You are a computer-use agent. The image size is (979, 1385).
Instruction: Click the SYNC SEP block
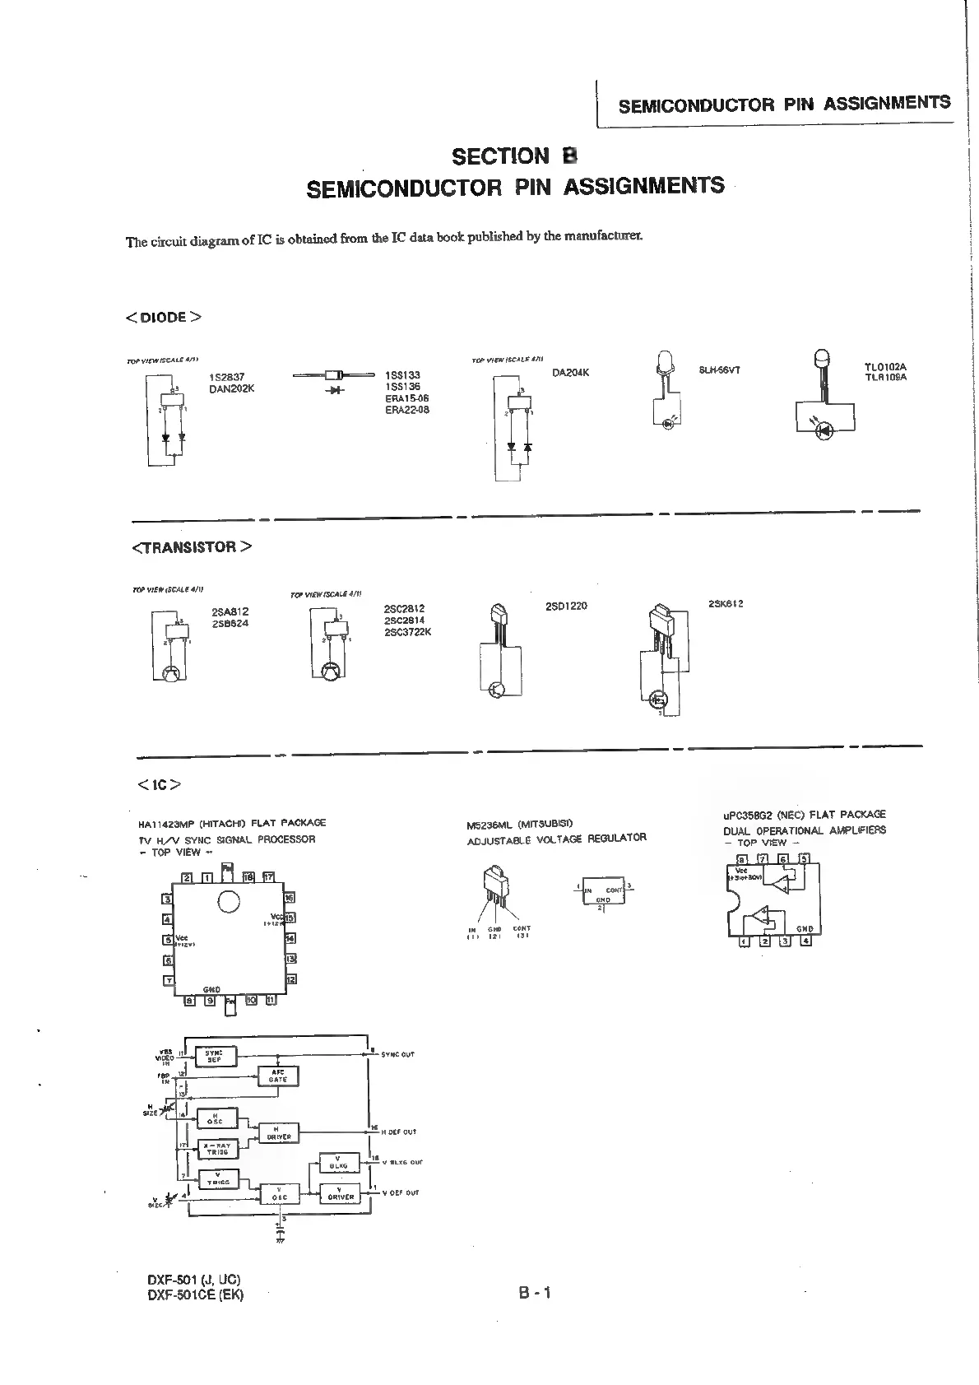(215, 1056)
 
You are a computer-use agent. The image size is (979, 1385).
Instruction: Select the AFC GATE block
(279, 1076)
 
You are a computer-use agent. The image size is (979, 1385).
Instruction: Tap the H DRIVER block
(279, 1134)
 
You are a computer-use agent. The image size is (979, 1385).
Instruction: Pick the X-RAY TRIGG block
(217, 1149)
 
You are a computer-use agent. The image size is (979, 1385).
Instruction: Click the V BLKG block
(340, 1163)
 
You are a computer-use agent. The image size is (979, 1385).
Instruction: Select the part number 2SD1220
(566, 607)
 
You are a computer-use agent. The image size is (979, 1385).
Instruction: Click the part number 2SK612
(726, 604)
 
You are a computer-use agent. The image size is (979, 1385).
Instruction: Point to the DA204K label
(571, 373)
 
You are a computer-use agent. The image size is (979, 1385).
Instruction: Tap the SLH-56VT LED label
(719, 370)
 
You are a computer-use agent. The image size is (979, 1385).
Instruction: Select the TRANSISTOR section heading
(192, 547)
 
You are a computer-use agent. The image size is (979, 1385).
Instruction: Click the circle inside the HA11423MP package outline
(227, 903)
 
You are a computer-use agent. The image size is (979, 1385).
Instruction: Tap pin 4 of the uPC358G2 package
(805, 941)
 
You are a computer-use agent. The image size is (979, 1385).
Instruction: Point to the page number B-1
(534, 1292)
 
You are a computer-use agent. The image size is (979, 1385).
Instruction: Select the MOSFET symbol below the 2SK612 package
(659, 700)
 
